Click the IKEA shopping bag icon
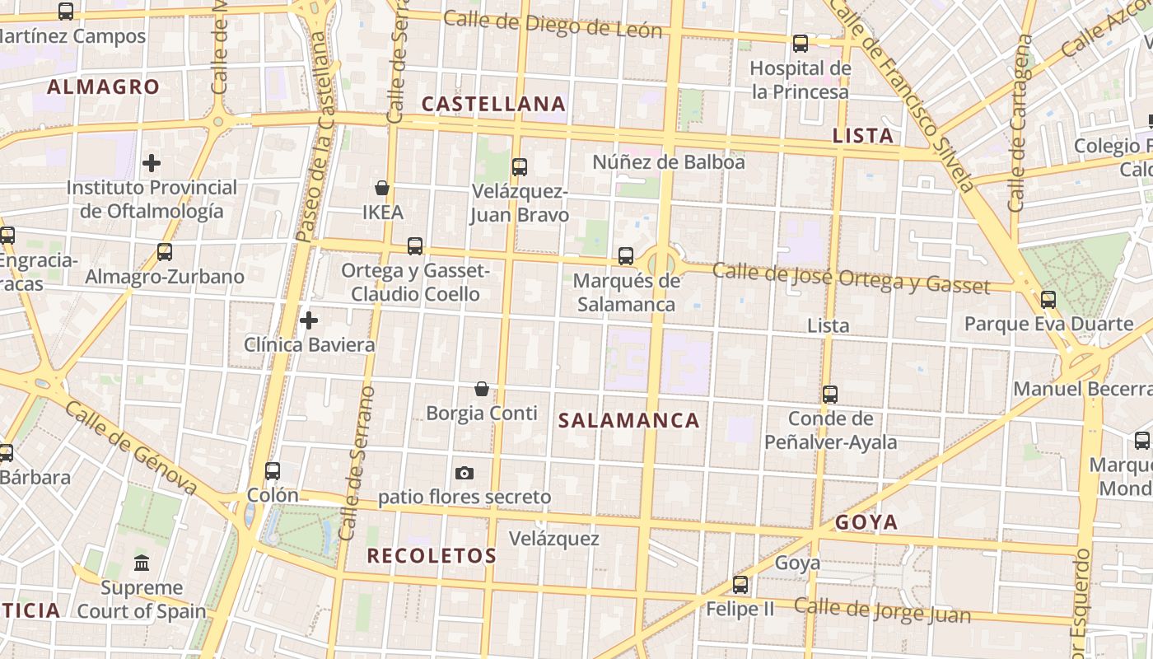[382, 188]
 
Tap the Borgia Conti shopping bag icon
[482, 388]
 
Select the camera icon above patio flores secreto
[464, 473]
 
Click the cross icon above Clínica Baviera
[309, 320]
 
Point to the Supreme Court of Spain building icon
[142, 563]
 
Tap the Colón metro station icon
[273, 471]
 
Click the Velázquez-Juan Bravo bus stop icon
[519, 167]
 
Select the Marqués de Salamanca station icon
[626, 256]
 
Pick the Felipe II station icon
[740, 585]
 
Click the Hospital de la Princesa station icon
[800, 44]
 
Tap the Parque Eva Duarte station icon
[1048, 300]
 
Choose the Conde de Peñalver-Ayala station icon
[830, 395]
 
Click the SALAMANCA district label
[629, 421]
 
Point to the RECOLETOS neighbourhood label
[432, 556]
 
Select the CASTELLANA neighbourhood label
[493, 104]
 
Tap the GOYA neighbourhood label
[866, 522]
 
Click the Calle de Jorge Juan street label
[882, 611]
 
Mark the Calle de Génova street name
[131, 449]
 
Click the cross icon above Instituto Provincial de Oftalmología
[152, 163]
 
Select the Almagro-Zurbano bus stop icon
[165, 252]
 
